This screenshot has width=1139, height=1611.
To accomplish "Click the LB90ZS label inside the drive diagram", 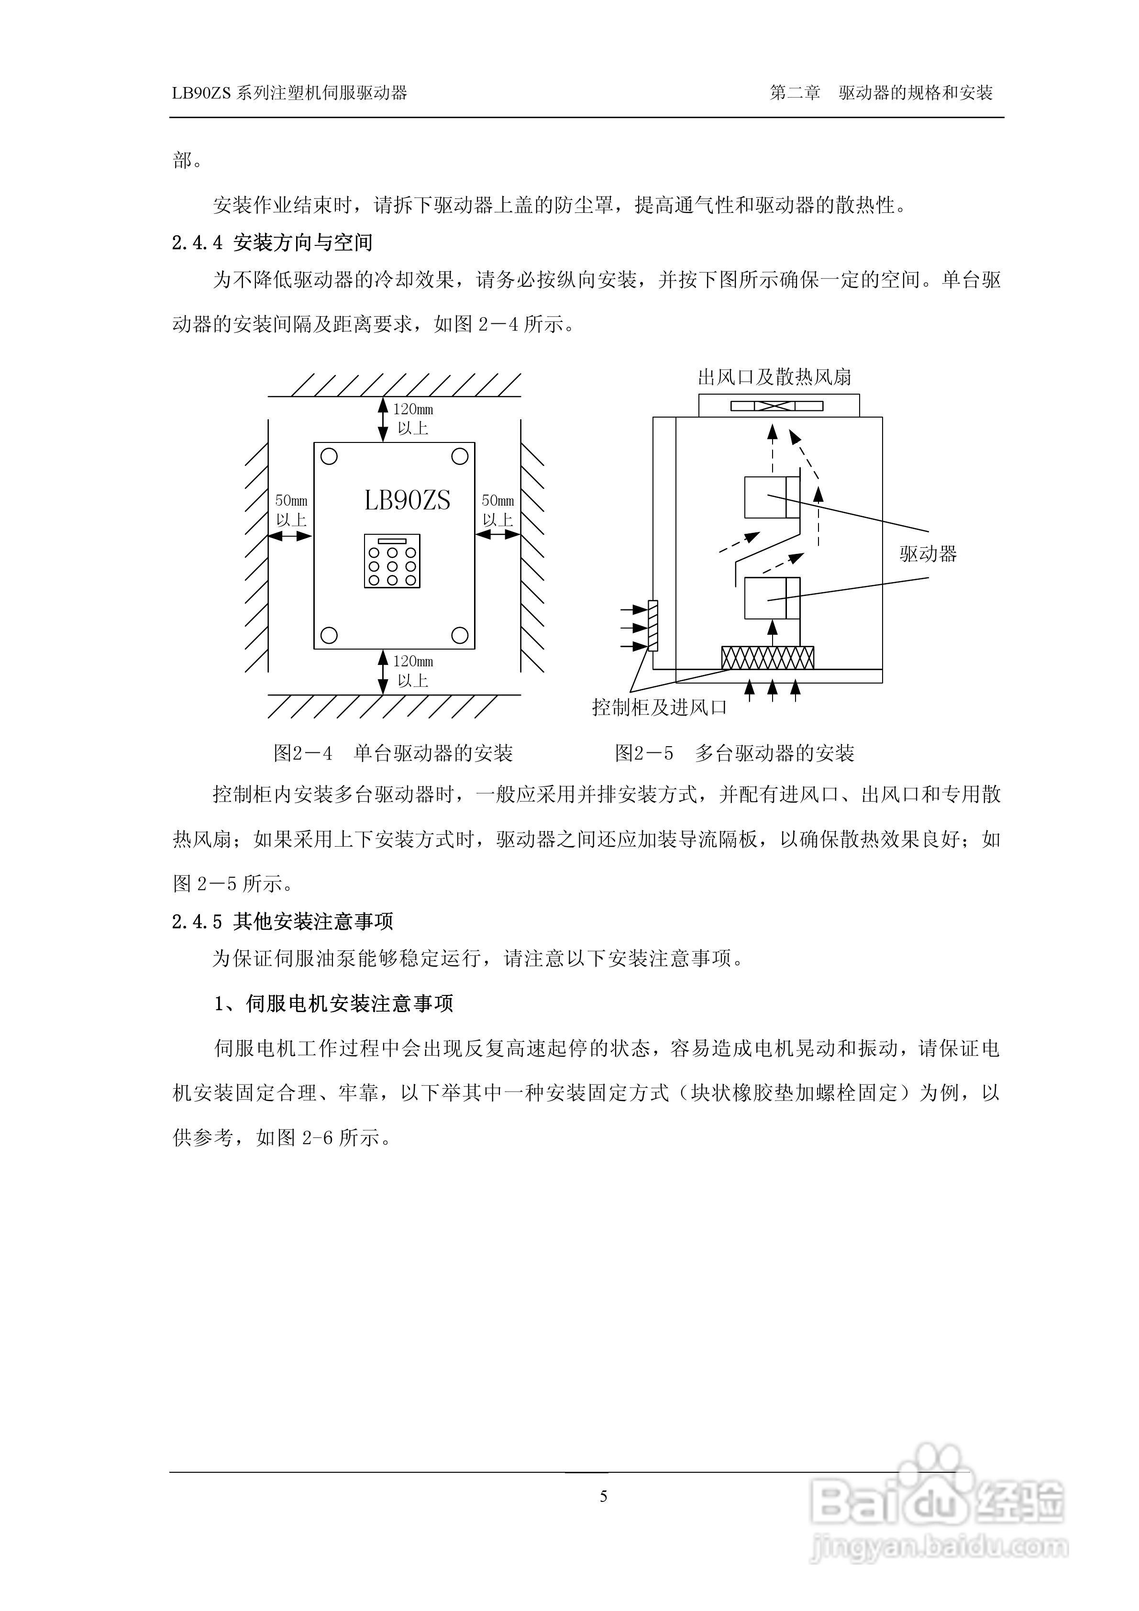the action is tap(407, 500).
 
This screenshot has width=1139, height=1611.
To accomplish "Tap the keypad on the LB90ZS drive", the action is tap(392, 561).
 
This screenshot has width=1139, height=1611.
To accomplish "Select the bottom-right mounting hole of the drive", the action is tap(460, 636).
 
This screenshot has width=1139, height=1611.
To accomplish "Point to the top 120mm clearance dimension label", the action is tap(413, 418).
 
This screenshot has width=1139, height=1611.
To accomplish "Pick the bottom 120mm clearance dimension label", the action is tap(413, 671).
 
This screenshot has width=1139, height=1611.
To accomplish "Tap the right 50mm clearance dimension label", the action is tap(498, 510).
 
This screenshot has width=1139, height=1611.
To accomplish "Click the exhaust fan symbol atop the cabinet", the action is tap(777, 406).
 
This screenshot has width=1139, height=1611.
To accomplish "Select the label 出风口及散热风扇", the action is tap(774, 377).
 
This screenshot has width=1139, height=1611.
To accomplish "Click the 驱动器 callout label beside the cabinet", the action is tap(928, 554).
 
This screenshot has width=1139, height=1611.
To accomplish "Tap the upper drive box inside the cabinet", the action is tap(771, 497).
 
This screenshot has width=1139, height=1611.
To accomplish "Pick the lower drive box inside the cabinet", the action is tap(771, 598).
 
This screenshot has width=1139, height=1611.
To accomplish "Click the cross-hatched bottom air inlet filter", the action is tap(768, 657).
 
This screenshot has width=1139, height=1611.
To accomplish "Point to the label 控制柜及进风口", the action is tap(659, 707).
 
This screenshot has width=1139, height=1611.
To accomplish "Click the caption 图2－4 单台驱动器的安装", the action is tap(393, 753).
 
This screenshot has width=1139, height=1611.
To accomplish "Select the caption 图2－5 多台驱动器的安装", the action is tap(734, 753).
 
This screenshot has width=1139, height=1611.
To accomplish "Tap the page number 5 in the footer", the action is tap(604, 1497).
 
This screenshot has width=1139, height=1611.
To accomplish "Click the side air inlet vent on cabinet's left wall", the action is tap(652, 626).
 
